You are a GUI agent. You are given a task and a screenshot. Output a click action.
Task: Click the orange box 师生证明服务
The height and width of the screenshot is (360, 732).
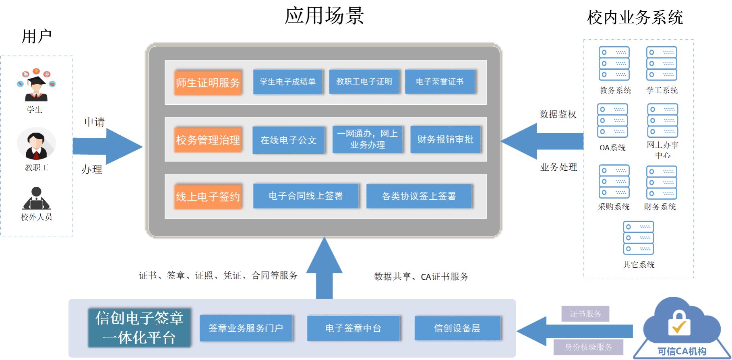(208, 83)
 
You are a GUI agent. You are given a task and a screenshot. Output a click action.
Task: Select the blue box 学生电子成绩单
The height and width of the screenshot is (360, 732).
(287, 82)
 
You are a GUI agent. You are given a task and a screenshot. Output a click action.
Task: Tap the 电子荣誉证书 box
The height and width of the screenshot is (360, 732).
(440, 82)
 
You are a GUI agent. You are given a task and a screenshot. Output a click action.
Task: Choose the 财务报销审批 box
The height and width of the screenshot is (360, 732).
(445, 139)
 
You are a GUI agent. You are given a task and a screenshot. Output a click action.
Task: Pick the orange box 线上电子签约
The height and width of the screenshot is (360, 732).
(208, 197)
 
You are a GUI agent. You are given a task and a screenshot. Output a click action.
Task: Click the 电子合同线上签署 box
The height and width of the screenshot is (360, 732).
(306, 196)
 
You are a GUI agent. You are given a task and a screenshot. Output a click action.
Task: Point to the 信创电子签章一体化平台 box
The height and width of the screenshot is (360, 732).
(139, 328)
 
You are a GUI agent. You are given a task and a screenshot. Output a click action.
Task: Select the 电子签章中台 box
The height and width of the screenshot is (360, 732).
(353, 328)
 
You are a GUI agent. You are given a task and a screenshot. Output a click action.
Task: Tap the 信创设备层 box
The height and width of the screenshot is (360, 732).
(457, 328)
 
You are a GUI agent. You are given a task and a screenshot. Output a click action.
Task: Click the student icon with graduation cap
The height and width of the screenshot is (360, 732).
(36, 85)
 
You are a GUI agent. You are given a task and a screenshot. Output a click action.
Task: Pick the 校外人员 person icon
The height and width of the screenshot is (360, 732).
(36, 199)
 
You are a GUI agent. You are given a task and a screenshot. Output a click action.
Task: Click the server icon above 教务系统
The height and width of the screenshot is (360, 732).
(614, 64)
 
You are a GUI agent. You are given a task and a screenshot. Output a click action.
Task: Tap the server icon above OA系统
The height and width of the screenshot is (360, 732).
(612, 120)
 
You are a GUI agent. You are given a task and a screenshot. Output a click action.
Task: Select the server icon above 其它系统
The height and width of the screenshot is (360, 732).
(638, 238)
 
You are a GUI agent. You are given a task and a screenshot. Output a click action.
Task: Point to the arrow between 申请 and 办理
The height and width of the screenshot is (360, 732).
(107, 146)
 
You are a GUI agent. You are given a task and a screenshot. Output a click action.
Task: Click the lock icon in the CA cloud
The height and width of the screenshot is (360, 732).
(679, 323)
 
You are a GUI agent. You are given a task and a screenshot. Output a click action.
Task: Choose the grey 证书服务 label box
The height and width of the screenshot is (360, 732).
(585, 314)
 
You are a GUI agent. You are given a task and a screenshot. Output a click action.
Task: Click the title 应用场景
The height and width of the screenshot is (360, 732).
(324, 16)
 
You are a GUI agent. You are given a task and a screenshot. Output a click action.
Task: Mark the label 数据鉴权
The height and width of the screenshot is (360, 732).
(558, 114)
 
